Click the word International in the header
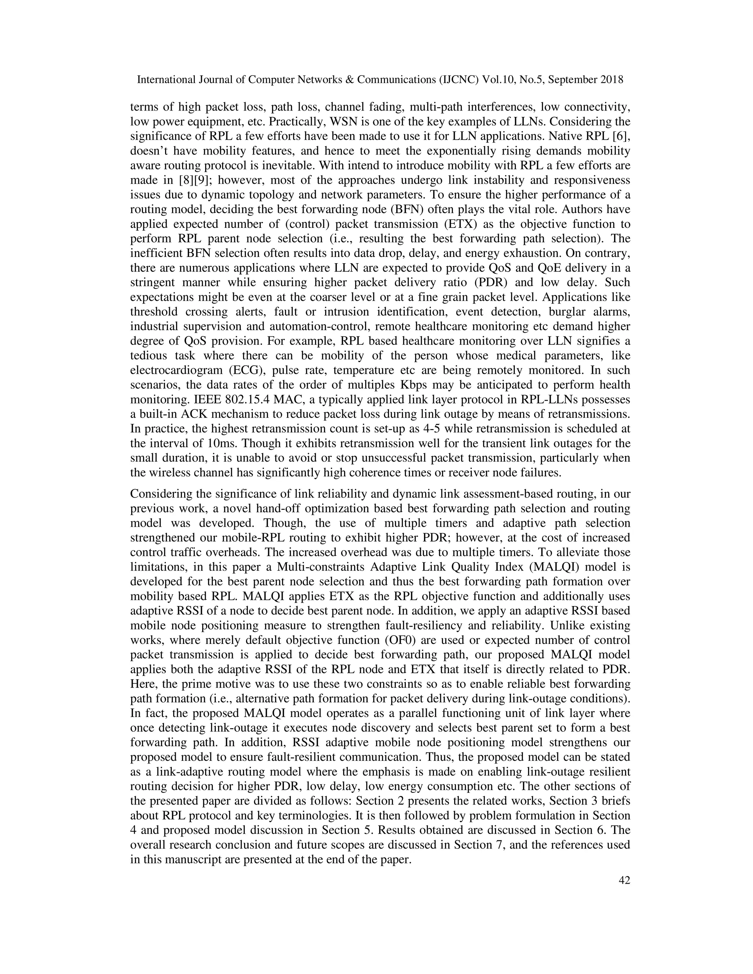tap(164, 80)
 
